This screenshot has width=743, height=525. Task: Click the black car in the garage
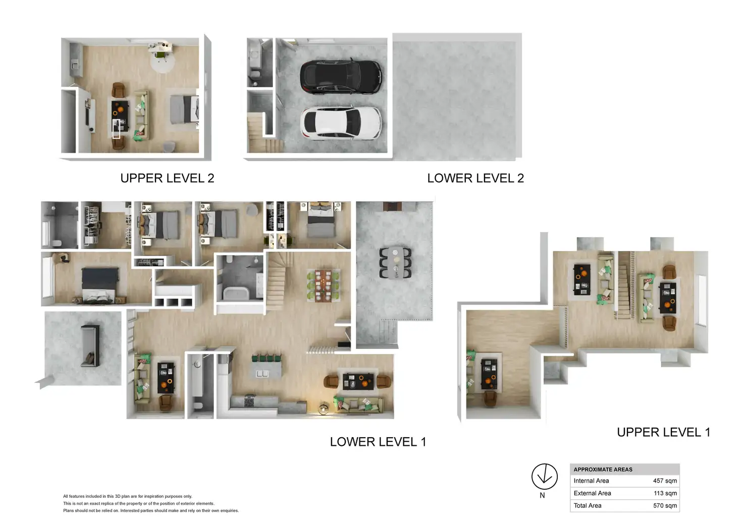(341, 77)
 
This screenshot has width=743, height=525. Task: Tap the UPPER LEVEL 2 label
(167, 179)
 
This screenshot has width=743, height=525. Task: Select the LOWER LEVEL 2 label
(475, 179)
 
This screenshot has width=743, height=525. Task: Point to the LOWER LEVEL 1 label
(378, 442)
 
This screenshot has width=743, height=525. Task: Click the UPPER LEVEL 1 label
(663, 433)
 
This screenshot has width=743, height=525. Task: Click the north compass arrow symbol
(544, 477)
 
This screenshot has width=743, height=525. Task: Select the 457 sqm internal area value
(664, 481)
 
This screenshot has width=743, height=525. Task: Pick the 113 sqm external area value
(665, 493)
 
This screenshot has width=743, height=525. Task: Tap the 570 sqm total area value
(664, 506)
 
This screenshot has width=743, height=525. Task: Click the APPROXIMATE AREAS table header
(603, 470)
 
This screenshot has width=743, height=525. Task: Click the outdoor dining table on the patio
(395, 263)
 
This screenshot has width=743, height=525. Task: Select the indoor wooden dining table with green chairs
(323, 285)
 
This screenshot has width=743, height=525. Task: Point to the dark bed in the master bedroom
(100, 285)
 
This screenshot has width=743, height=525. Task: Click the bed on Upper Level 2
(184, 109)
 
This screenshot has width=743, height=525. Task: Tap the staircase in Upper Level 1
(624, 285)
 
